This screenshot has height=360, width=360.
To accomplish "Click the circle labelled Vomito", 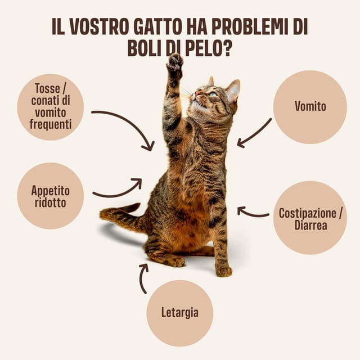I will tap(310, 106).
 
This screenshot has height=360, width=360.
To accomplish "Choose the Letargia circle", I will tap(179, 312).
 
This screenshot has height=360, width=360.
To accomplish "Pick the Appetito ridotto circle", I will tap(50, 196).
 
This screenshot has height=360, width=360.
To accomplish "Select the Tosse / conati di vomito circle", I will tap(50, 106).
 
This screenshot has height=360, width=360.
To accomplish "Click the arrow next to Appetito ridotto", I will tap(118, 190).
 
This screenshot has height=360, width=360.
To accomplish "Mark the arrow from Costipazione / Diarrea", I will tap(253, 212).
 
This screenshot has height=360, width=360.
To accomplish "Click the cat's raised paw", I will tap(174, 63).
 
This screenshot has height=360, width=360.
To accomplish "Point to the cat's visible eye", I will tap(212, 94).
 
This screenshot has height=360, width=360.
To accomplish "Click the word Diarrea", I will tap(310, 226).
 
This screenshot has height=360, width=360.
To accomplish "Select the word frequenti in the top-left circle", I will tap(51, 123).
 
